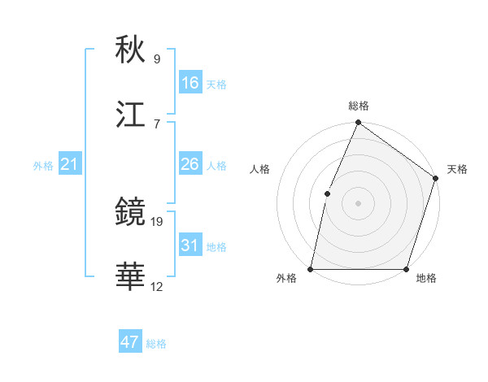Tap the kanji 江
[x=130, y=115]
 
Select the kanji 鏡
[x=130, y=213]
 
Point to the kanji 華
[x=130, y=278]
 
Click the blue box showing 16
[x=190, y=83]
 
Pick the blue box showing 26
[x=190, y=164]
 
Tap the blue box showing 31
[x=190, y=245]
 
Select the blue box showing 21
[x=69, y=165]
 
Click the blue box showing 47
[x=130, y=342]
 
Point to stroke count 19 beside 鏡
[x=157, y=221]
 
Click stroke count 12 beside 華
[x=157, y=286]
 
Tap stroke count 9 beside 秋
[x=157, y=59]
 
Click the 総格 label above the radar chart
[x=358, y=106]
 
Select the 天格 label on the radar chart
[x=457, y=169]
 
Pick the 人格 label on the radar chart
[x=260, y=169]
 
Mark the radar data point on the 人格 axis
[x=327, y=193]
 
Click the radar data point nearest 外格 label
[x=311, y=269]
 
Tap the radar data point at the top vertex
[x=358, y=124]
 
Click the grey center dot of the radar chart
[x=358, y=203]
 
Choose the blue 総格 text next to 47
[x=156, y=344]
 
